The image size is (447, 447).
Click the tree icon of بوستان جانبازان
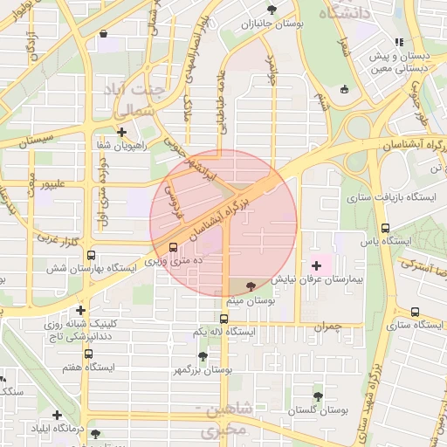[272, 9]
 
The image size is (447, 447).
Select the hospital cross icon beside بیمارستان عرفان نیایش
[316, 264]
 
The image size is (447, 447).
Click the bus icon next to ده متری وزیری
[173, 247]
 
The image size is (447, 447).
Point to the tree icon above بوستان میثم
[251, 286]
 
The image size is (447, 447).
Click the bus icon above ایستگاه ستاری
[415, 312]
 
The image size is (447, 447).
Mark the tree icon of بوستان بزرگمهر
[203, 356]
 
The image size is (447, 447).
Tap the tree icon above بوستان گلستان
[318, 395]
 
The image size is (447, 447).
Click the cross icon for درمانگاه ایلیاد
[58, 415]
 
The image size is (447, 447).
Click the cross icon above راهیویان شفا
[122, 133]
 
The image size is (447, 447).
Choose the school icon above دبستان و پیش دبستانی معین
[398, 41]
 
